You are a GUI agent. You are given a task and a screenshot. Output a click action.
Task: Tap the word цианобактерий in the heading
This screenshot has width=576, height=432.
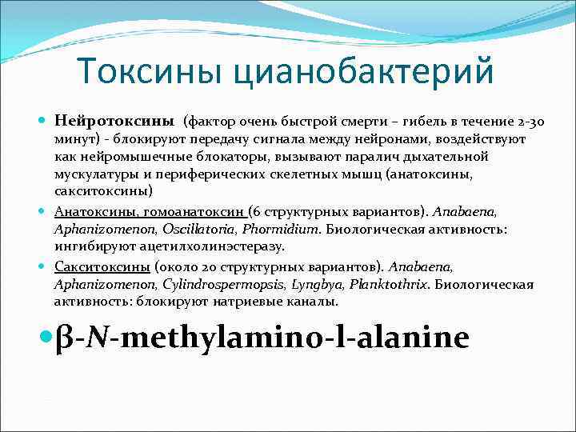pyautogui.click(x=363, y=71)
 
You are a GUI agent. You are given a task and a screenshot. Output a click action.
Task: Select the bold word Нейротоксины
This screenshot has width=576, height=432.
pyautogui.click(x=114, y=122)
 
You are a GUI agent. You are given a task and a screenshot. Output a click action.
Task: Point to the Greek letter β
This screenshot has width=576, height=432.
pyautogui.click(x=66, y=338)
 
